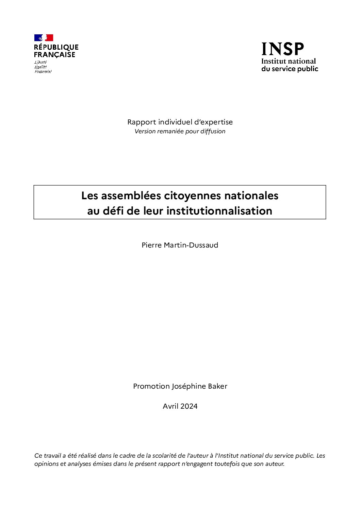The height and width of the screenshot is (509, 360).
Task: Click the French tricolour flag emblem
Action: click(x=44, y=38)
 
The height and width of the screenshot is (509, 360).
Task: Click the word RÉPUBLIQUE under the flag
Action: click(x=56, y=47)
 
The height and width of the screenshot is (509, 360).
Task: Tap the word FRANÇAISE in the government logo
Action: click(x=54, y=55)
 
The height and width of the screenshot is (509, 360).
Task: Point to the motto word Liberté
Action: click(x=40, y=62)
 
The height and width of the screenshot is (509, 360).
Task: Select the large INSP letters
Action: click(x=282, y=49)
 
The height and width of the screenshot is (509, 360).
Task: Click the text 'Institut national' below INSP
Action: click(x=289, y=62)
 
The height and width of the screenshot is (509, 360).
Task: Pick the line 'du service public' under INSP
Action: click(x=290, y=69)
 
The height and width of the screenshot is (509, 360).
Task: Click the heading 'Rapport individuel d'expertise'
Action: click(x=180, y=122)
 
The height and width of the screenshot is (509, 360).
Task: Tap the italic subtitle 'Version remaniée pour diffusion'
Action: click(x=180, y=131)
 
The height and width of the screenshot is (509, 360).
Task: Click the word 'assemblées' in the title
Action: click(x=131, y=196)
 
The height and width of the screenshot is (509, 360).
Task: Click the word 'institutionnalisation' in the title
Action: click(x=219, y=211)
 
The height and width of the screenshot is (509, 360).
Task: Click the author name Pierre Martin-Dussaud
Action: click(x=180, y=245)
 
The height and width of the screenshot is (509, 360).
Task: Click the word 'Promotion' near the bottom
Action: click(x=151, y=387)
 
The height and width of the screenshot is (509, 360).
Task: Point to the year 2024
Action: click(x=189, y=406)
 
